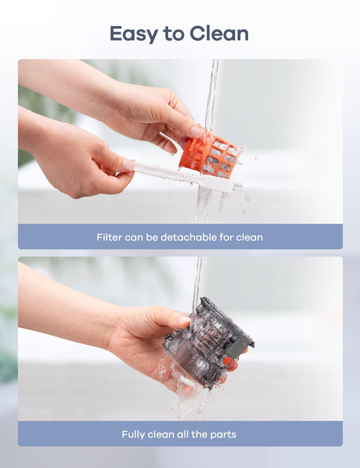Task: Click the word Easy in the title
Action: click(x=134, y=34)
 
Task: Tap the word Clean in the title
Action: click(x=219, y=33)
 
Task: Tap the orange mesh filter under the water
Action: click(x=210, y=156)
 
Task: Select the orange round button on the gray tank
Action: click(x=227, y=361)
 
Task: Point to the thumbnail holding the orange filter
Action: click(x=196, y=132)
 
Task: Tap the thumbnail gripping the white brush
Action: click(x=129, y=165)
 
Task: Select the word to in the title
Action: click(x=173, y=34)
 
